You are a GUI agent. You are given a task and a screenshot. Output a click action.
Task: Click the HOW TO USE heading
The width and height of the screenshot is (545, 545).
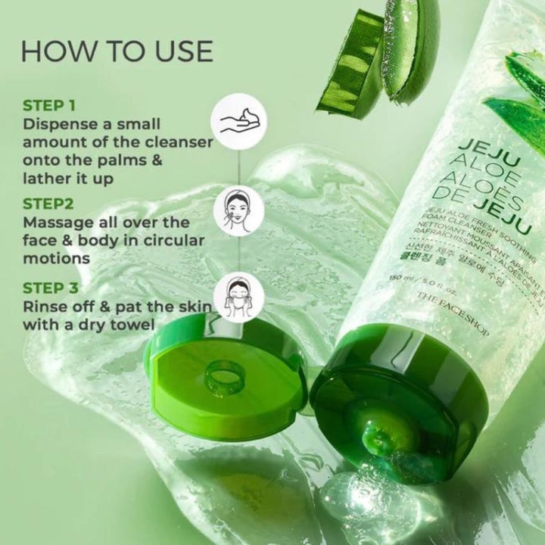[x=117, y=51]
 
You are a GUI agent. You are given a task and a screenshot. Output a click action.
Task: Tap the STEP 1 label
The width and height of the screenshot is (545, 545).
[x=54, y=105]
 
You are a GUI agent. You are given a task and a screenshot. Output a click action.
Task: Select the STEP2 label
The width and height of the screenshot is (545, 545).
[x=51, y=204]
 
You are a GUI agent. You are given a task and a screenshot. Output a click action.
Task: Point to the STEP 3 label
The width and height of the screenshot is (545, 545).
[x=54, y=288]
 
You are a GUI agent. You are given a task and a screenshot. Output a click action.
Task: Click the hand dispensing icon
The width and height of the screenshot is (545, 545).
[x=241, y=120]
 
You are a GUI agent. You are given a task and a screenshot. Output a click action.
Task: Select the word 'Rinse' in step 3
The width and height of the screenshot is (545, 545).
[x=45, y=307]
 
